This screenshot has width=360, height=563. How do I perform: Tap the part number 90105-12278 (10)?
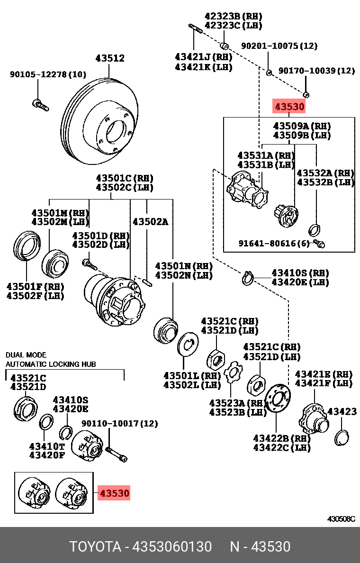[x=48, y=74]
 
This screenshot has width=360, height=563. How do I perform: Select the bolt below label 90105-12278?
[x=41, y=105]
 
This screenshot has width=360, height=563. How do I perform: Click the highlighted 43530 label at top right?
[x=289, y=107]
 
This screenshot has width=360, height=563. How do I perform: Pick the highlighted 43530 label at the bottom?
[x=114, y=493]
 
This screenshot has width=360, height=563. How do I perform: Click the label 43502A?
[x=150, y=221]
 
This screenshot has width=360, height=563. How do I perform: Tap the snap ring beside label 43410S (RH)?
[x=248, y=279]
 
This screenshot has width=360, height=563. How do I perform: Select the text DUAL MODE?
[x=26, y=355]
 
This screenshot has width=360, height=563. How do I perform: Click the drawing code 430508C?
[x=341, y=518]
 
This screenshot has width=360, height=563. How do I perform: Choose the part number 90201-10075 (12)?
[x=279, y=46]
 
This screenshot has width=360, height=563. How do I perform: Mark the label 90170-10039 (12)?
[x=316, y=71]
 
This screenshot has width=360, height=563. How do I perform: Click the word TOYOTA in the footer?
[x=95, y=547]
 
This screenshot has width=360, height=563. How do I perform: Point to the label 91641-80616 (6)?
[x=274, y=244]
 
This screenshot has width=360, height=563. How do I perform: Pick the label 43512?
[x=110, y=58]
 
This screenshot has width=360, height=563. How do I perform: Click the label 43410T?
[x=46, y=446]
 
